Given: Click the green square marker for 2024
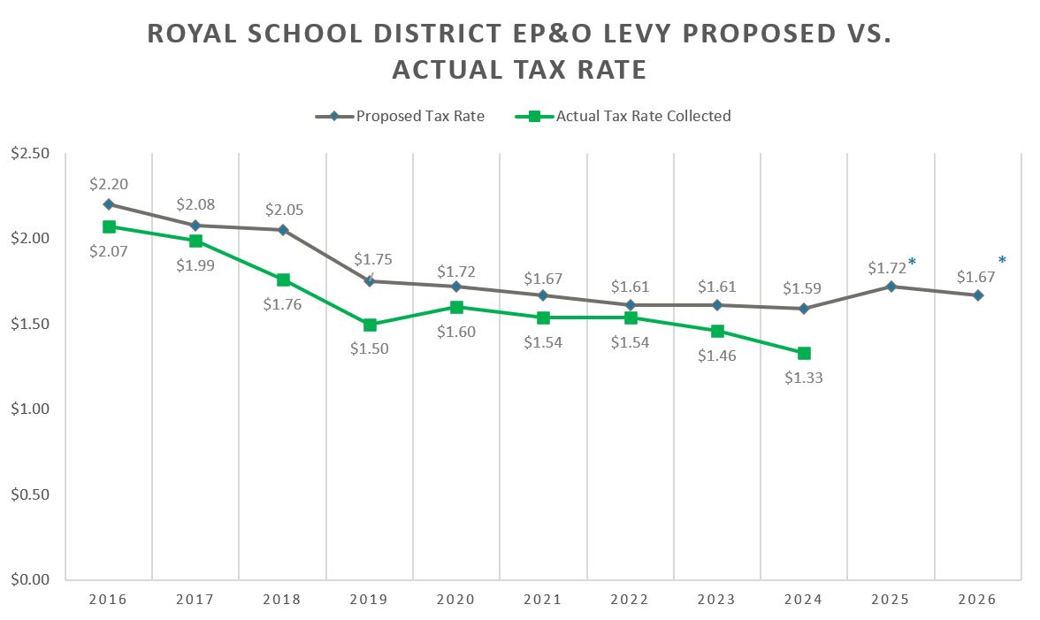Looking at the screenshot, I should (x=804, y=353).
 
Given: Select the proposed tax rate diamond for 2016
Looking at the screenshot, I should (x=109, y=204).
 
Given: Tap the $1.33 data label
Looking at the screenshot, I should (x=803, y=378).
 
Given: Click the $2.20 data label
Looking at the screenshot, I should (x=109, y=185).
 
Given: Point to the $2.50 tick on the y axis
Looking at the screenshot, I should (x=30, y=154).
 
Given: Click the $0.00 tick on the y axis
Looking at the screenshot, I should (x=30, y=580).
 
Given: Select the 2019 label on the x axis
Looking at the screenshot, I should (x=369, y=600).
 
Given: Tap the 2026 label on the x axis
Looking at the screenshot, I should (x=977, y=600).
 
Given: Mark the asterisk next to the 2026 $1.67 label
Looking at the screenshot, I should (x=1002, y=261).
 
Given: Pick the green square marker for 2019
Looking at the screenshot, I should (x=370, y=325).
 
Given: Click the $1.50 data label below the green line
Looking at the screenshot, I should (x=370, y=348).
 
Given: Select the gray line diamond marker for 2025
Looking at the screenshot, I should (x=891, y=287).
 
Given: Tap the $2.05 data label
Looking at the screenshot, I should (x=283, y=210).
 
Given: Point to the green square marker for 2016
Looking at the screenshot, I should (x=109, y=226).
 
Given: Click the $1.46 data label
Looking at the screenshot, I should (x=715, y=356).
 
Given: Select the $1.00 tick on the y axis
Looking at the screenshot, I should (x=30, y=410).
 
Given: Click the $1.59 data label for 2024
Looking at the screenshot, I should (x=803, y=288).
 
